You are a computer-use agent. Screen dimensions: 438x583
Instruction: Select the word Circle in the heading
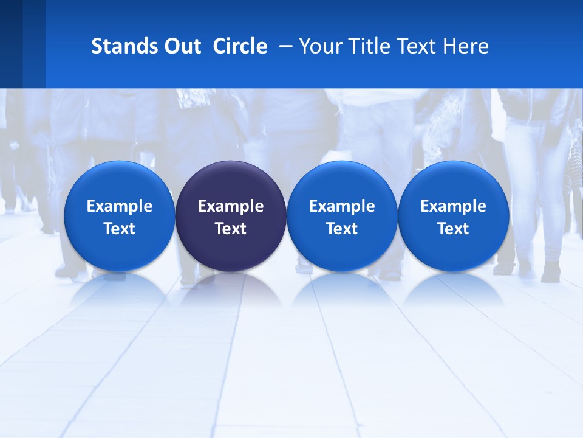[x=240, y=46]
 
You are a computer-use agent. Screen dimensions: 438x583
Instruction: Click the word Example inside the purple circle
[x=231, y=206]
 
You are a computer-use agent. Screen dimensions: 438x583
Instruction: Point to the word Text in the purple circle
[x=231, y=229]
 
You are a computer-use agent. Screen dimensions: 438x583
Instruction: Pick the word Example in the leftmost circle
[x=119, y=206]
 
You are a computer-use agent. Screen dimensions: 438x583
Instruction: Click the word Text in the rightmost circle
[x=454, y=229]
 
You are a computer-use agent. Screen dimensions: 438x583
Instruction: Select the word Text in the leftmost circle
[x=119, y=229]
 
